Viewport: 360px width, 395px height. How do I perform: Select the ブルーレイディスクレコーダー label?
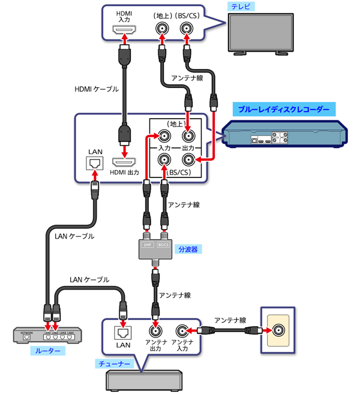coord(284,110)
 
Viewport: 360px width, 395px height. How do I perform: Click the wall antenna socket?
coord(279,330)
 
